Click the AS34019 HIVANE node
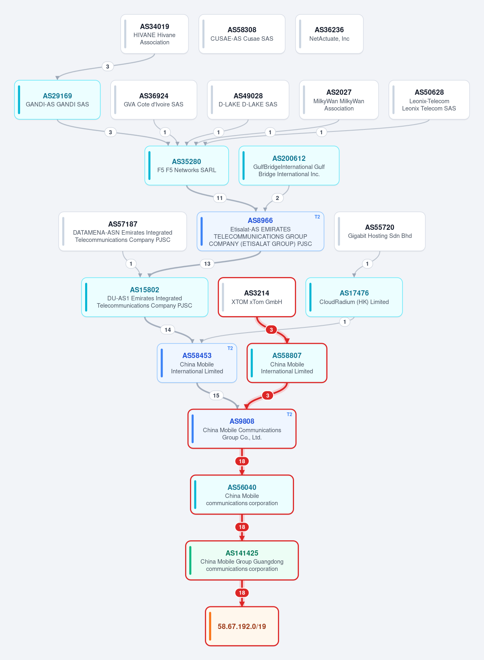coord(154,34)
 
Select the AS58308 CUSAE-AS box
coord(242,34)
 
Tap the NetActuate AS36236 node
coord(329,34)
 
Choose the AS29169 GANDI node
coord(57,100)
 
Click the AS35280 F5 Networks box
coord(187,166)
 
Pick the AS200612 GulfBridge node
coord(289,166)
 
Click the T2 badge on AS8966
coord(317,217)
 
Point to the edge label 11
coord(219,198)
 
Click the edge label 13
coord(207,264)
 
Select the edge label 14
coord(168,330)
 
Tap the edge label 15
coord(216,396)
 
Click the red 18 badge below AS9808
coord(242,461)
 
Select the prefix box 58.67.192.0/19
coord(242,626)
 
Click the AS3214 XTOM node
coord(257,297)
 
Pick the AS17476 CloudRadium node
coord(354,297)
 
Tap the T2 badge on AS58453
coord(230,348)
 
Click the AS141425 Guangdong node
coord(242,560)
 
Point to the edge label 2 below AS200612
coord(277,198)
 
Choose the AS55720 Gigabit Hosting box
coord(380,231)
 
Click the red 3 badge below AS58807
coord(268,396)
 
